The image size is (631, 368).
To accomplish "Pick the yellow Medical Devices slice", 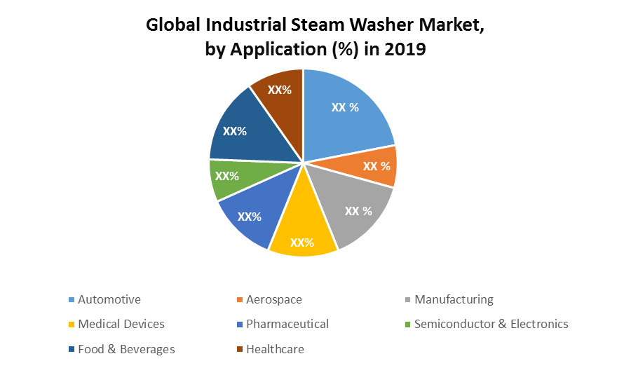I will click(x=302, y=235).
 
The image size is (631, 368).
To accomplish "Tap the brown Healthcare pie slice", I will click(x=279, y=91).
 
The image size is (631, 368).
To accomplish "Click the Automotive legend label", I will click(x=109, y=299).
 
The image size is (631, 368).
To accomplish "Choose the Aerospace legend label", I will click(x=274, y=299).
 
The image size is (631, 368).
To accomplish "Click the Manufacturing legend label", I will click(x=454, y=299).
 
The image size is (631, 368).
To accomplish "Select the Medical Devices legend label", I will click(x=121, y=324).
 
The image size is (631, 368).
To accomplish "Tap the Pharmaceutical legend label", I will click(x=287, y=324).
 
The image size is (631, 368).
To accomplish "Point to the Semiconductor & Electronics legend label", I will click(x=491, y=324).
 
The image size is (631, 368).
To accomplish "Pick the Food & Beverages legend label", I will click(x=126, y=349).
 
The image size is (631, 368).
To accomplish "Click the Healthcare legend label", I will click(x=275, y=349).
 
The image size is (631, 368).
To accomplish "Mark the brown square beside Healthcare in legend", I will click(x=239, y=350).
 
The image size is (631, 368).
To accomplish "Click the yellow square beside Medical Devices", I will click(x=71, y=325).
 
